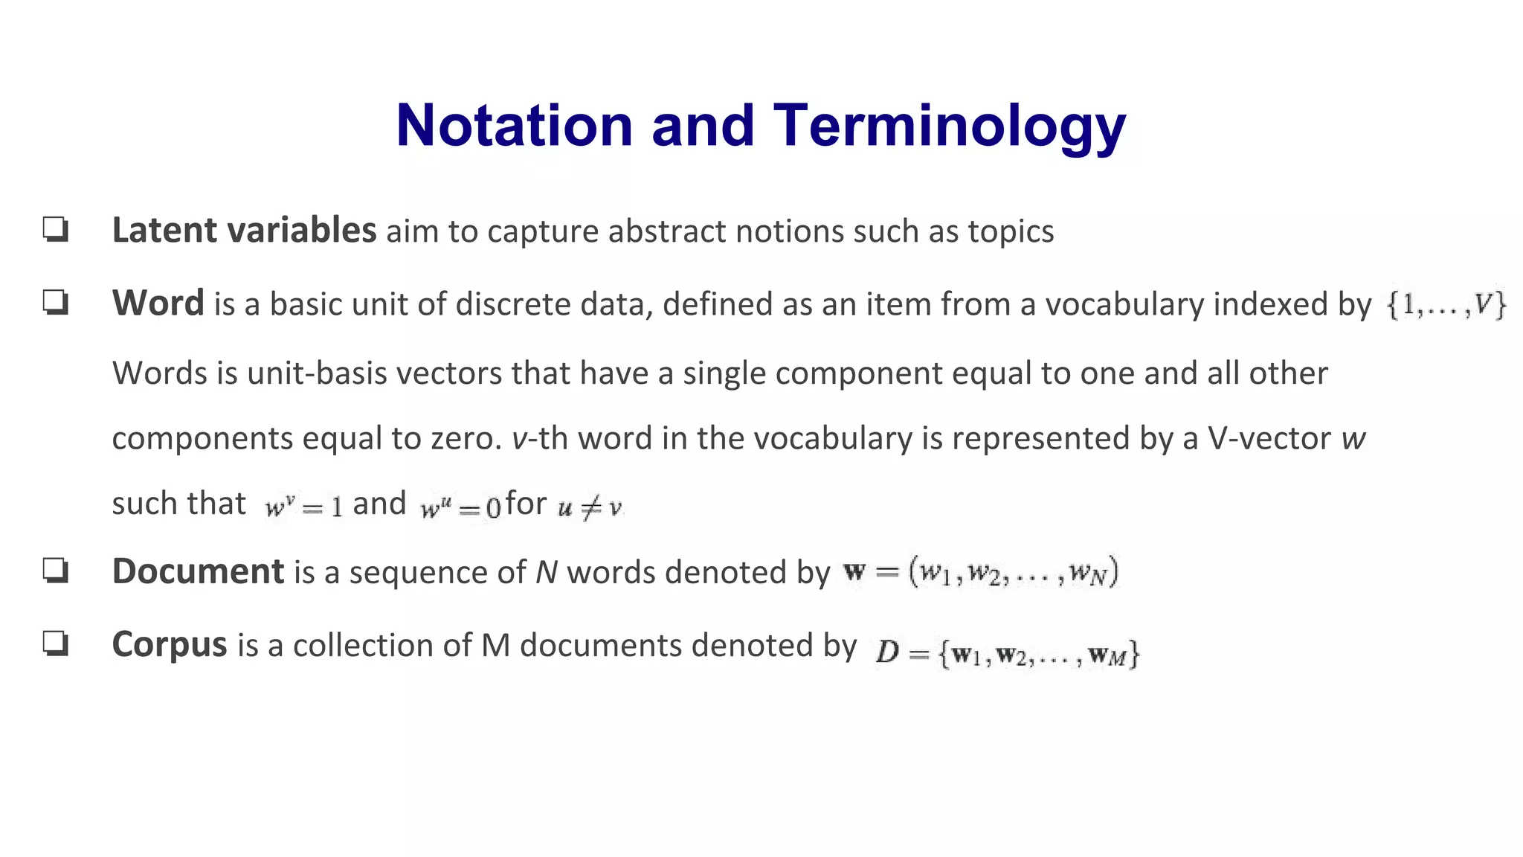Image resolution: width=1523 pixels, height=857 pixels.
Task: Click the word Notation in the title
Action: click(x=514, y=125)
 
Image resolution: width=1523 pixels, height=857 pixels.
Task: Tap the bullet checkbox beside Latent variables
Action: click(x=56, y=230)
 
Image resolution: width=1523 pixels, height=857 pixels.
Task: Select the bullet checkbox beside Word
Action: click(x=56, y=303)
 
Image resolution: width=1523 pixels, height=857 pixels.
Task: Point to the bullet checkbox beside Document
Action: click(x=56, y=571)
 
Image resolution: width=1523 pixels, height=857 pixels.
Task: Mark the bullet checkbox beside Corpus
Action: click(x=56, y=643)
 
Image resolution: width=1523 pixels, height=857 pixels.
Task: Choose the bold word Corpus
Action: click(x=170, y=644)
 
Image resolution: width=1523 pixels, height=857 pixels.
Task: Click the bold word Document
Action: click(x=198, y=571)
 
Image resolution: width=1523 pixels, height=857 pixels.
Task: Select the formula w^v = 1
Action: click(x=303, y=507)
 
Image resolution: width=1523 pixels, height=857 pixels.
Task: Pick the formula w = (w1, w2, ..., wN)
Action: click(x=981, y=573)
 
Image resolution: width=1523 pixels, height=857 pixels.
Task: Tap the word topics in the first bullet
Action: click(x=1011, y=231)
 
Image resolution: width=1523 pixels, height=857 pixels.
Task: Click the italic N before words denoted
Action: click(x=547, y=572)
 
